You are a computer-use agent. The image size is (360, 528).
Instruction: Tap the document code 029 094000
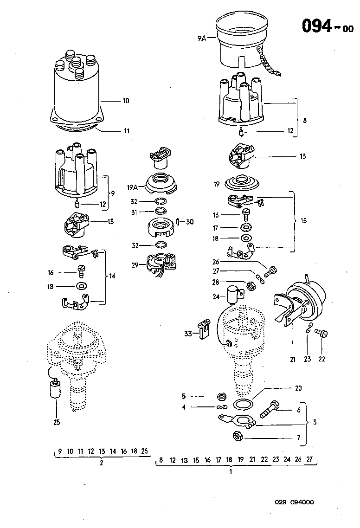tap(294, 502)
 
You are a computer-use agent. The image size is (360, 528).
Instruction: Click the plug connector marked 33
tap(204, 328)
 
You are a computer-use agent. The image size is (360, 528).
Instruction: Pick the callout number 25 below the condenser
tap(56, 422)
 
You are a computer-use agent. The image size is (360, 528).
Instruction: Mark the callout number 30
tap(190, 222)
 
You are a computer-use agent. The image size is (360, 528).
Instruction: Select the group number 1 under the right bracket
tap(231, 472)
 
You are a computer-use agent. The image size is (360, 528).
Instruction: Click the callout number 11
tap(126, 131)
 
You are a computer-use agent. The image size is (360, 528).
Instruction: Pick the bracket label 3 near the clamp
tap(315, 423)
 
